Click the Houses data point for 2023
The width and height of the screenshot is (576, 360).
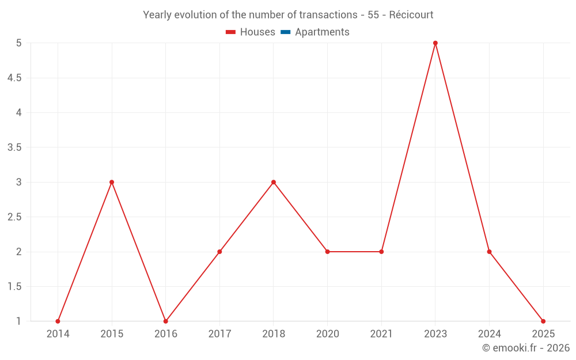435,43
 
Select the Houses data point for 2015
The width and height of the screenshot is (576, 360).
112,182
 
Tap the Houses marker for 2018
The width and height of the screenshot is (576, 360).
274,182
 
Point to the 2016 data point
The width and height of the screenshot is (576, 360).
166,321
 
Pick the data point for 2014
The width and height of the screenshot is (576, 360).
58,321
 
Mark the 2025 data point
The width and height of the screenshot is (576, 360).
543,321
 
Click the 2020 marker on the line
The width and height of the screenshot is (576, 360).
327,252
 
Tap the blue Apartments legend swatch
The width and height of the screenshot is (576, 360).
285,32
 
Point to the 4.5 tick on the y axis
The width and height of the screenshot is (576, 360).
14,78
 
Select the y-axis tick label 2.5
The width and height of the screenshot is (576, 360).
14,217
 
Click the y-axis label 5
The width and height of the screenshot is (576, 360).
18,43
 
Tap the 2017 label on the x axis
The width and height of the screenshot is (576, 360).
219,334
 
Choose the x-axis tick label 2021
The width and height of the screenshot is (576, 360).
381,334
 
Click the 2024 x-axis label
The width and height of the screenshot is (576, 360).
489,334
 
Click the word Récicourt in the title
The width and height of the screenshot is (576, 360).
411,15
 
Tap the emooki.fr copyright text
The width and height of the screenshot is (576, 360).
526,348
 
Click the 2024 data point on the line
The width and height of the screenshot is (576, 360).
489,252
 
